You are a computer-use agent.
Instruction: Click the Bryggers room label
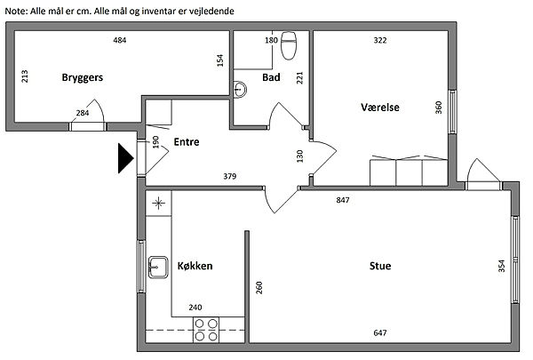click(83, 78)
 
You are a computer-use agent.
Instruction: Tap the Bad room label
click(272, 78)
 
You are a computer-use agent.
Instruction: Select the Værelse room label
click(379, 107)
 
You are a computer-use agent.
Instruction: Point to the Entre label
click(187, 141)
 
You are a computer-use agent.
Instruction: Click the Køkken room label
click(195, 266)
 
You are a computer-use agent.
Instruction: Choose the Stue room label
click(380, 266)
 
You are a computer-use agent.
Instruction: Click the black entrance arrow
click(123, 159)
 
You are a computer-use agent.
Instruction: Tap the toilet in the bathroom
click(288, 39)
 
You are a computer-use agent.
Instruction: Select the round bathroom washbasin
click(240, 88)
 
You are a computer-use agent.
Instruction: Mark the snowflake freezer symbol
click(159, 203)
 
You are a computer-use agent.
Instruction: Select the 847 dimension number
click(342, 200)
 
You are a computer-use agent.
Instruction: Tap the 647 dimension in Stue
click(380, 333)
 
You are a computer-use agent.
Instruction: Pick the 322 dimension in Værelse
click(379, 41)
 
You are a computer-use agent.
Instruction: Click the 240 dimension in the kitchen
click(195, 308)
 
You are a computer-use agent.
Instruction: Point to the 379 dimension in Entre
click(229, 177)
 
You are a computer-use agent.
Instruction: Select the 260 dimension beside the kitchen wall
click(258, 288)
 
